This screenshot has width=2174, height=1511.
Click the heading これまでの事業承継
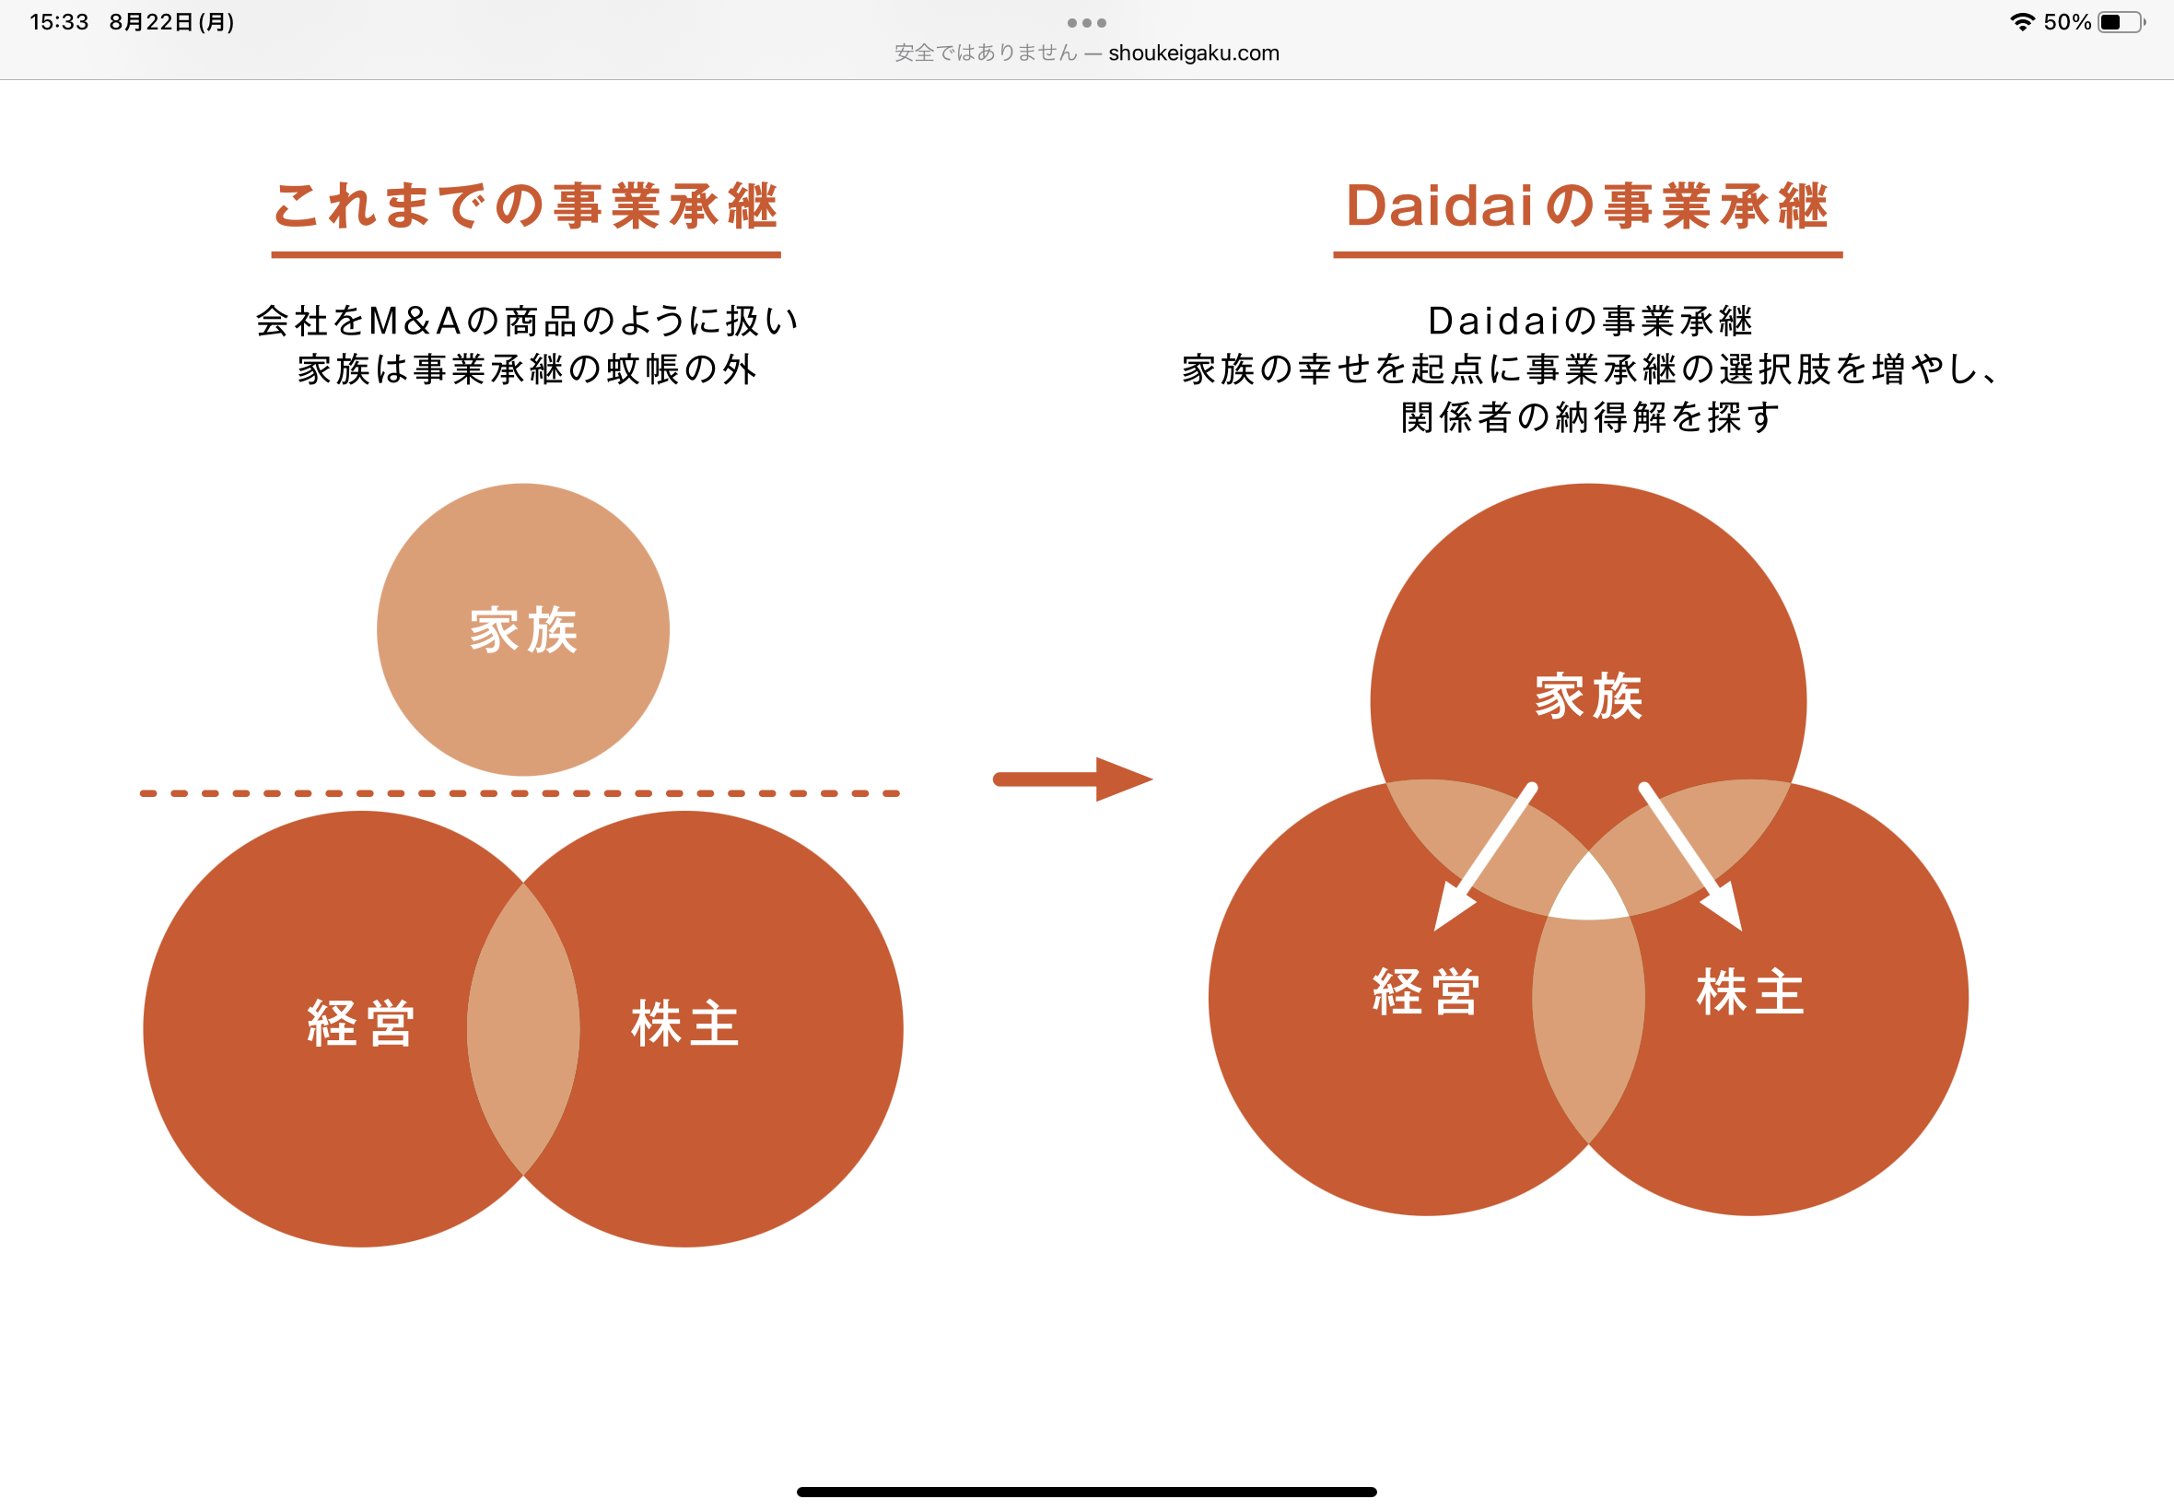tap(525, 205)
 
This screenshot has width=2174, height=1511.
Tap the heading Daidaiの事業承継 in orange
tap(1587, 205)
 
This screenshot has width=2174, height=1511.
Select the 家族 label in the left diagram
tap(523, 629)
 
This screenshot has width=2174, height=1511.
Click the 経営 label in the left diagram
tap(360, 1024)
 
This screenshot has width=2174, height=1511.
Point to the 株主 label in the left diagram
tap(685, 1024)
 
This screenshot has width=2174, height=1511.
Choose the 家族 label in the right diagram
tap(1588, 697)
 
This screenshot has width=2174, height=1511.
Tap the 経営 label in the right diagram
tap(1426, 992)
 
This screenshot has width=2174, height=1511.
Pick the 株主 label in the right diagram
tap(1750, 992)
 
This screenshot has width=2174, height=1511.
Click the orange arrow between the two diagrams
tap(1071, 779)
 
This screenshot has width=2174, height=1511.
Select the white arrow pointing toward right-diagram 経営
tap(1483, 858)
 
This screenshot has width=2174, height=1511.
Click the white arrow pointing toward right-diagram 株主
tap(1691, 858)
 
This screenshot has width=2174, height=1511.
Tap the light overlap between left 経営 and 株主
tap(523, 1029)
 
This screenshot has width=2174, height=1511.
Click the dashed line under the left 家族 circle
tap(520, 793)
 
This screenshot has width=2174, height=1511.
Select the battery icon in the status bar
tap(2121, 22)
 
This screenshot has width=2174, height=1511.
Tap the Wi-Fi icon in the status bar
tap(2023, 22)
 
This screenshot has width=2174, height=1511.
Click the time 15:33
tap(59, 22)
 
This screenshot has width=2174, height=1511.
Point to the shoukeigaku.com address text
tap(1194, 53)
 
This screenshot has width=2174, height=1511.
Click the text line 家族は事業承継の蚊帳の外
tap(527, 369)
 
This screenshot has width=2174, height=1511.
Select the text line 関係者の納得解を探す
tap(1589, 417)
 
